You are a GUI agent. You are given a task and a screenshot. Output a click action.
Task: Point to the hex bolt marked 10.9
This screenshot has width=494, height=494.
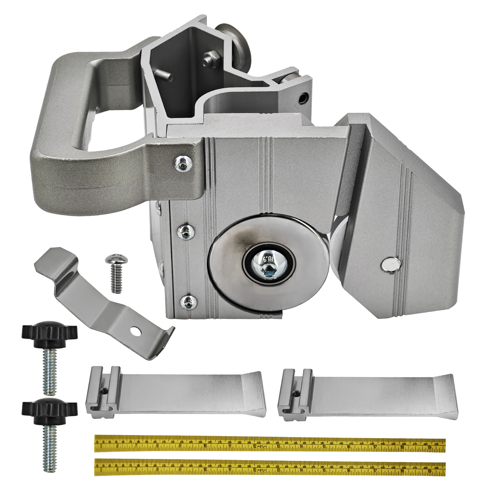point(269,263)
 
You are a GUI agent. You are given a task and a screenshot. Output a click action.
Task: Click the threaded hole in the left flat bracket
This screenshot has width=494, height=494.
point(105,391)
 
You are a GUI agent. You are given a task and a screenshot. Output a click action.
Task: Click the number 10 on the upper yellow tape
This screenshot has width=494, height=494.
point(205,447)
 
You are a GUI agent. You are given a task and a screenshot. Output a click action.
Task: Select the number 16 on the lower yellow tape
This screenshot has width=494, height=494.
point(349,471)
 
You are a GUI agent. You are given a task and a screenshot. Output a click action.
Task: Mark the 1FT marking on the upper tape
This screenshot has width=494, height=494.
point(261,447)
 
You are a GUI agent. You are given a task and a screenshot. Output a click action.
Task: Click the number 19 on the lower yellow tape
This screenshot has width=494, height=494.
point(429,471)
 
